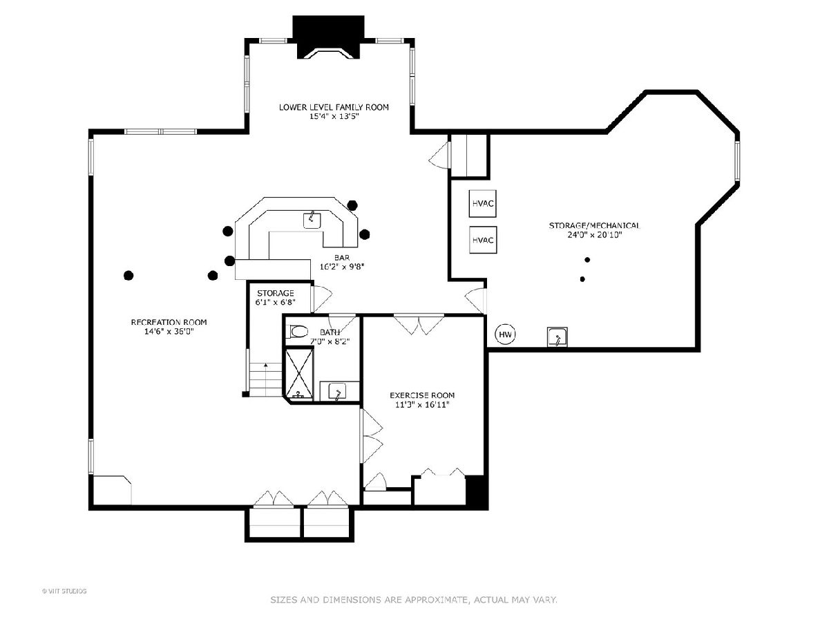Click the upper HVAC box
click(482, 204)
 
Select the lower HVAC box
click(483, 240)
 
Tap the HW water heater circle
click(505, 334)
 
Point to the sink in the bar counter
click(312, 220)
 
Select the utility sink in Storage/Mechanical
click(557, 337)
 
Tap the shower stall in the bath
click(299, 374)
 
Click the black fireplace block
click(328, 37)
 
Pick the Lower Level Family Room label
click(334, 107)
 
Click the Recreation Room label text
click(169, 322)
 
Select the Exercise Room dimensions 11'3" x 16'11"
click(422, 405)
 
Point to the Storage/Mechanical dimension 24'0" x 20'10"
click(595, 235)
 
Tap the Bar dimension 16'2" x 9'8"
click(342, 267)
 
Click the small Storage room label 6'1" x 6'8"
click(276, 302)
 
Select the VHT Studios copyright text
click(64, 592)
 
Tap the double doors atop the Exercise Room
click(419, 325)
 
